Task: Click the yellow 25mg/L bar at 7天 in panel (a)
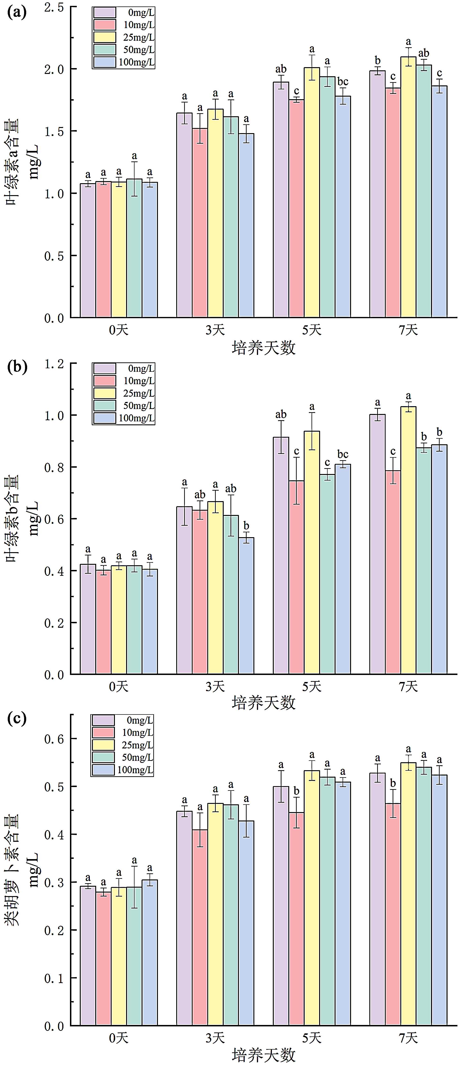click(408, 187)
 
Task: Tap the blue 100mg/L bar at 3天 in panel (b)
click(246, 605)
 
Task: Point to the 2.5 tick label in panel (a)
click(54, 7)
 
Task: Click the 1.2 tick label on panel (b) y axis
click(54, 364)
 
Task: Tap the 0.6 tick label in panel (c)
click(54, 739)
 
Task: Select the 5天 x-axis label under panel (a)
click(311, 330)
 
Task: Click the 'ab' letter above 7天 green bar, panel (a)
click(423, 53)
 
